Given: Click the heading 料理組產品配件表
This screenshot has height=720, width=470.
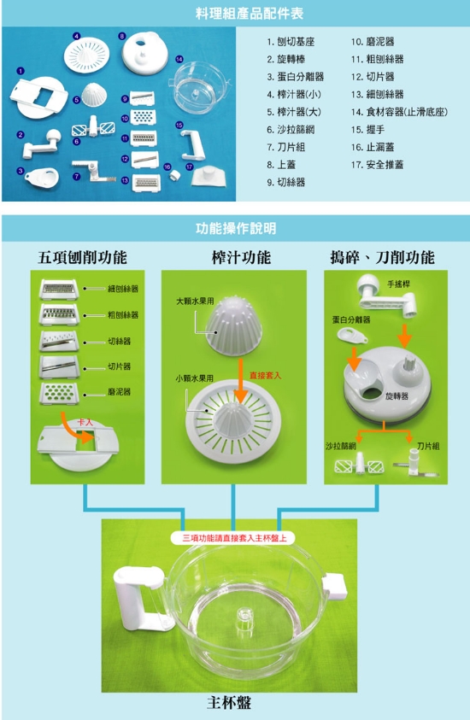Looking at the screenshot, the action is point(250,14).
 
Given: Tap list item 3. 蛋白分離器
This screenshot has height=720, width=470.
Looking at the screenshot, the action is point(296,77).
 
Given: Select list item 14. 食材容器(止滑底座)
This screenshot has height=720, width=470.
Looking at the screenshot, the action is point(399,112).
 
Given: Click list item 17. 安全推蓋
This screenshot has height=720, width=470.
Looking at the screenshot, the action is point(377,164).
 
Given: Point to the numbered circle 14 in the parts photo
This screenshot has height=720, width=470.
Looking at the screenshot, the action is point(179,59).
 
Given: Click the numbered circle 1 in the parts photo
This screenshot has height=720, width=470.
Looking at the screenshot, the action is point(20,71).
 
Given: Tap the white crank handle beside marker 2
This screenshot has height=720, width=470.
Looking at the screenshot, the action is point(42,143).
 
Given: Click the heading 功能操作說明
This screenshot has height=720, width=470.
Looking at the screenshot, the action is point(236,228).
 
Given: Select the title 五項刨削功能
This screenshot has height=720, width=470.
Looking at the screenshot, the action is point(82,257).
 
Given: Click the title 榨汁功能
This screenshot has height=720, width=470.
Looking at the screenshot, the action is point(241,257).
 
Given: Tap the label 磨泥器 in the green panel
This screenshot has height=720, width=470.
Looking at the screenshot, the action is point(120,392).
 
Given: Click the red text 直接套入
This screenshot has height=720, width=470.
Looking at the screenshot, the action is point(265,375).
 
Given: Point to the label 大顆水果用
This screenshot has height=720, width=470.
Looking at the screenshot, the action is point(195,301).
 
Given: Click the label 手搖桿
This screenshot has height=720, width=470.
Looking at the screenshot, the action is point(399,284).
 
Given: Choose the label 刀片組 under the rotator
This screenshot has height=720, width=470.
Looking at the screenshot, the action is point(428,446).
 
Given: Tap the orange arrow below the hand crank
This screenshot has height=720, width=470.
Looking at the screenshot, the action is point(404,336).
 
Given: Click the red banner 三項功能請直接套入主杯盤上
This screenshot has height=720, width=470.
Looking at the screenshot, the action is point(235,538).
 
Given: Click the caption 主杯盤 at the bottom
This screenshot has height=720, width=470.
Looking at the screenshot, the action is point(229,703).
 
